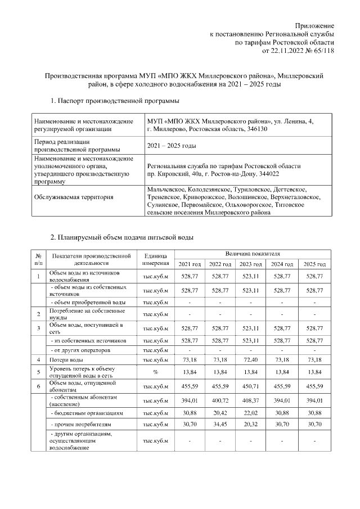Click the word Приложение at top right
click(315, 26)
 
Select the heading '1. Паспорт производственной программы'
click(115, 101)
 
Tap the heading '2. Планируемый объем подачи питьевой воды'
click(122, 237)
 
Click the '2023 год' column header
click(251, 264)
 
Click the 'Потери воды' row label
click(66, 359)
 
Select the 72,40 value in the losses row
click(251, 359)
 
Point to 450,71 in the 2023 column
click(251, 386)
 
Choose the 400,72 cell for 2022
click(220, 400)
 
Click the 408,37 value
click(251, 400)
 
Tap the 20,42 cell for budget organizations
click(220, 414)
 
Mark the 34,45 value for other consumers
click(220, 426)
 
